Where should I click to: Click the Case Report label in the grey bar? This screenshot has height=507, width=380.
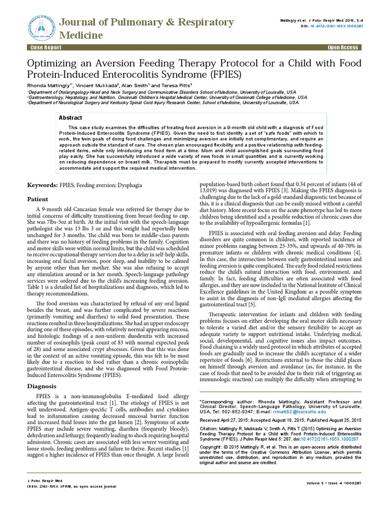click(x=47, y=47)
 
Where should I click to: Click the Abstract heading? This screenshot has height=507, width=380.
click(x=71, y=118)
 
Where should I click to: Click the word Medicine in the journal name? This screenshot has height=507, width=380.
click(x=81, y=35)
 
